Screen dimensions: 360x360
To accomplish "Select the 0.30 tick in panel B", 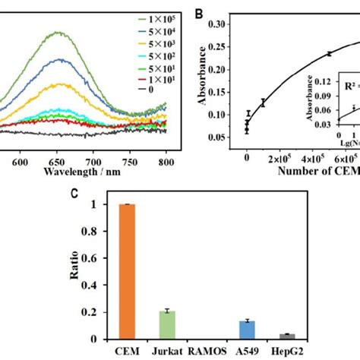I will tap(230, 24).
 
